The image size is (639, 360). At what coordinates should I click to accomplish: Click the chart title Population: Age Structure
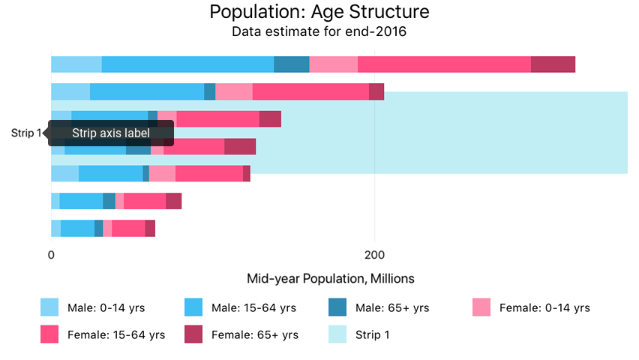(x=319, y=12)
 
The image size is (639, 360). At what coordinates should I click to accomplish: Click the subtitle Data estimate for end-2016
(x=319, y=32)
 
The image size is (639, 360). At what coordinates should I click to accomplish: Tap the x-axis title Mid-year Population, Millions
(x=331, y=278)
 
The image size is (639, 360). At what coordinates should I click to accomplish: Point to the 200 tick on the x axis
(x=374, y=254)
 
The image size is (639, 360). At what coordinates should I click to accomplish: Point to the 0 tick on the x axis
(x=51, y=254)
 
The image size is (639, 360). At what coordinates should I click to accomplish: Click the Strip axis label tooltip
(x=111, y=133)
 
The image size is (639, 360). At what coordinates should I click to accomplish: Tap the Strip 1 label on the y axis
(x=26, y=133)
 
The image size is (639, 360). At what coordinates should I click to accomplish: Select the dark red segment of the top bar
(x=553, y=64)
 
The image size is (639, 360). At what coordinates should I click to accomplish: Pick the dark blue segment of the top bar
(x=291, y=64)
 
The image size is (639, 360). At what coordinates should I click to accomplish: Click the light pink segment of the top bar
(x=333, y=64)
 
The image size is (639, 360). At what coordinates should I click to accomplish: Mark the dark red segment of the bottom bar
(x=150, y=228)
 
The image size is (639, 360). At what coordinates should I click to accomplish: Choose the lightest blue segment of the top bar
(x=76, y=64)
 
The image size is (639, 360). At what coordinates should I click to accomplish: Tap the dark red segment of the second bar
(x=376, y=91)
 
